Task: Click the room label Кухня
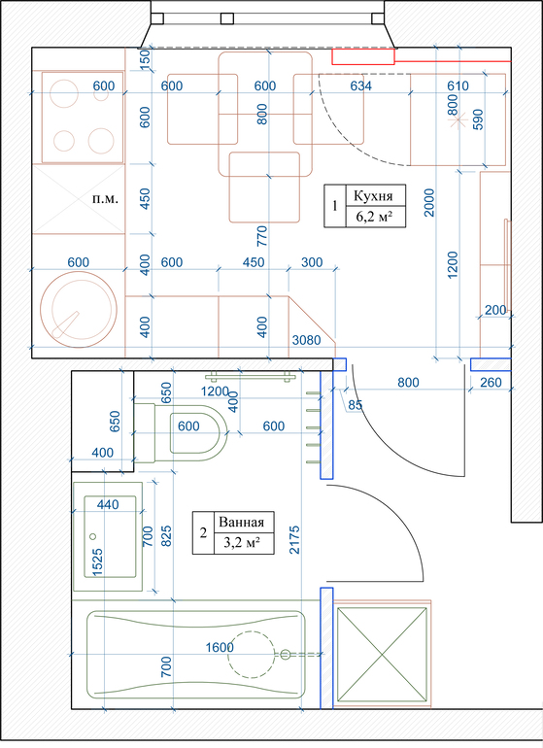coord(373,195)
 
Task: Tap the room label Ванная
coord(241,522)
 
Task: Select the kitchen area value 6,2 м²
coord(374,218)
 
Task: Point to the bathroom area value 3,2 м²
coord(242,543)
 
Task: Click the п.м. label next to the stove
coord(105,198)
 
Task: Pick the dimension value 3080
coord(306,340)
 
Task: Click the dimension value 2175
coord(294,539)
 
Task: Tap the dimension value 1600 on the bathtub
coord(220,647)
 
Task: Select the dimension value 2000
coord(429,202)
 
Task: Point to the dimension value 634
coord(360,85)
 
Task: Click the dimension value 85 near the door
coord(355,405)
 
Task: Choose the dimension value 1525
coord(97,562)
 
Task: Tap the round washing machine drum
coord(79,309)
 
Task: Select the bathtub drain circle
coord(285,655)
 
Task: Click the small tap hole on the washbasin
coord(93,536)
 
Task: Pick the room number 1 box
coord(335,206)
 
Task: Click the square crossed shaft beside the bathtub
coord(382,655)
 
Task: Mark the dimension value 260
coord(491,382)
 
